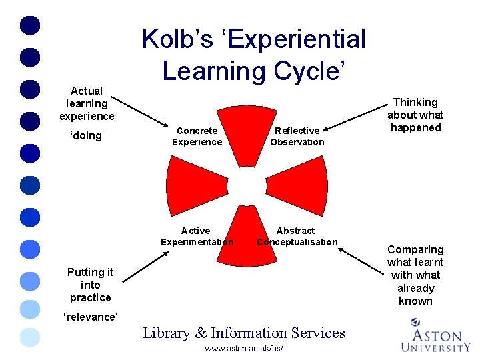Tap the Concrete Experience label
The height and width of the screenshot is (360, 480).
(x=197, y=137)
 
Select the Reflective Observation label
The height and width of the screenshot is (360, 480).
(x=297, y=137)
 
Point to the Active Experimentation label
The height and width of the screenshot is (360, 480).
(x=197, y=236)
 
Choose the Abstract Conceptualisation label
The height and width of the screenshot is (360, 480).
(x=297, y=236)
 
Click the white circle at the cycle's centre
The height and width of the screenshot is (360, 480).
(x=247, y=185)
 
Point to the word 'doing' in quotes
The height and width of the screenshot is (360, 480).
(x=87, y=136)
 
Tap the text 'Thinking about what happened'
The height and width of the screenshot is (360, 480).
(x=415, y=115)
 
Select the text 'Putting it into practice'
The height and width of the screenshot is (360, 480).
(x=90, y=285)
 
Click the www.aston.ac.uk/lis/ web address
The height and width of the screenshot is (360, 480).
(x=244, y=348)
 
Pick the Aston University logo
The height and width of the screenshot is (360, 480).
(x=436, y=335)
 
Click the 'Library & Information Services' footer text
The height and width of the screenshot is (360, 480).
(x=244, y=333)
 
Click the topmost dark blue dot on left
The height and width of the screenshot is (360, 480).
(x=31, y=25)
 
